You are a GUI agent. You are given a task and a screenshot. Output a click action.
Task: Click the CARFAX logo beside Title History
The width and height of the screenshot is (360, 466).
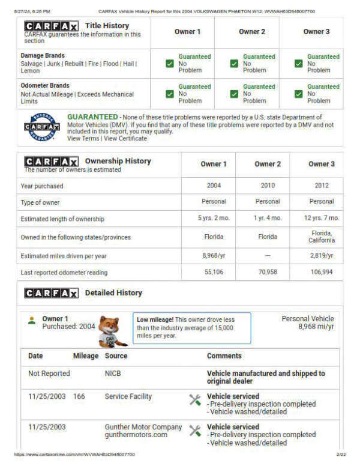pos(51,26)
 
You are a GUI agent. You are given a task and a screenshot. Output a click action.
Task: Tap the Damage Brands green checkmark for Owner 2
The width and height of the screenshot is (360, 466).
pos(234,64)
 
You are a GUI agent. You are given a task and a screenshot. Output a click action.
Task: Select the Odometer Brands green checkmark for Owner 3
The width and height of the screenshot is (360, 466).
pos(299,94)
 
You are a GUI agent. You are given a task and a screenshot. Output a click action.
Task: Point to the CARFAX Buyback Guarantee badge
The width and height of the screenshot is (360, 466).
pos(42,127)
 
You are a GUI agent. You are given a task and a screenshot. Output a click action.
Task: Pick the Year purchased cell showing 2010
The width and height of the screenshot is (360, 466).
pos(268,186)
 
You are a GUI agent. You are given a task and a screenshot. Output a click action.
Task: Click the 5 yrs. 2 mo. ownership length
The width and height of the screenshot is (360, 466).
pos(214,218)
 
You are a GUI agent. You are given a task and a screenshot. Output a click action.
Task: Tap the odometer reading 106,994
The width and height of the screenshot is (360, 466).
pos(322,272)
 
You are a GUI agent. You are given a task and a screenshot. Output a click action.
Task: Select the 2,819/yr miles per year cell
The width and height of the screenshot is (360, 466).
pos(322,256)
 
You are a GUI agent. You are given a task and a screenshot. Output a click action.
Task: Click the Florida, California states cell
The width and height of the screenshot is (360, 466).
pos(322,236)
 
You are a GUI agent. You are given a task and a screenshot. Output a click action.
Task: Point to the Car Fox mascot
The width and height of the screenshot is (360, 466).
pos(112,331)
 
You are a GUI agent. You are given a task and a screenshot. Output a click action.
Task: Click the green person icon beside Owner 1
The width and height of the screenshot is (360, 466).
pos(32,320)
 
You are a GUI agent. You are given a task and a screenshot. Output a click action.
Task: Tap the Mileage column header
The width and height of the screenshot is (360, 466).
pos(85,356)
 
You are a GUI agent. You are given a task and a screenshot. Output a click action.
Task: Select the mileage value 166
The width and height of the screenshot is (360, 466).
pos(79,396)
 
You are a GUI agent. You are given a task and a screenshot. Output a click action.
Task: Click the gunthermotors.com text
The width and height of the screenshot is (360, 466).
pos(136,435)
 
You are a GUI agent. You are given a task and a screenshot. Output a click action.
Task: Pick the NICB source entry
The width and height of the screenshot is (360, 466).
pos(113,374)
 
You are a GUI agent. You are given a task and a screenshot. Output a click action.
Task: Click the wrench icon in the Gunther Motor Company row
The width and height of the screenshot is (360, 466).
pos(195,431)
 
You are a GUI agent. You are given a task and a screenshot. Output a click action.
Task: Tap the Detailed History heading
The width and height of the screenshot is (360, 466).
pos(113,293)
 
